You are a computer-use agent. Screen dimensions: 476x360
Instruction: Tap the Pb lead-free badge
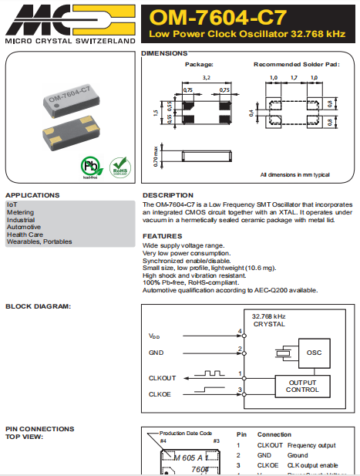click(x=90, y=167)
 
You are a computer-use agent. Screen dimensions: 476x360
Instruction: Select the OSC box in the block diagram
click(x=313, y=352)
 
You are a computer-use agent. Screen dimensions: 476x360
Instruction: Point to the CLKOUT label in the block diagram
click(x=163, y=378)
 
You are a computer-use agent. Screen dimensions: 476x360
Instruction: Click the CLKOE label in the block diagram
click(x=161, y=394)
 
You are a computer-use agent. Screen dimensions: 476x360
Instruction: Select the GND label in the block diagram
click(x=156, y=352)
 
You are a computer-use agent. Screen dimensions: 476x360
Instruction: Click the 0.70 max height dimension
click(x=156, y=157)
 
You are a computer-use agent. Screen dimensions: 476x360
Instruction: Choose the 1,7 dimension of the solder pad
click(x=294, y=78)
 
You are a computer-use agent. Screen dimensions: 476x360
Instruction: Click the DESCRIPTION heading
click(x=168, y=195)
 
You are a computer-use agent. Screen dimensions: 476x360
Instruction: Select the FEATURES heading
click(x=162, y=236)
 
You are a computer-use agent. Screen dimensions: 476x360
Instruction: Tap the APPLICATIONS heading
click(x=32, y=195)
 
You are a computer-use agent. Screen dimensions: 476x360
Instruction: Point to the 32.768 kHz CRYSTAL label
click(x=269, y=320)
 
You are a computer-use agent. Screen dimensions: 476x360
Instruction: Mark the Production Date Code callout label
click(x=186, y=434)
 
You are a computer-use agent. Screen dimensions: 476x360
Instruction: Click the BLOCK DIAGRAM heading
click(x=38, y=306)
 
